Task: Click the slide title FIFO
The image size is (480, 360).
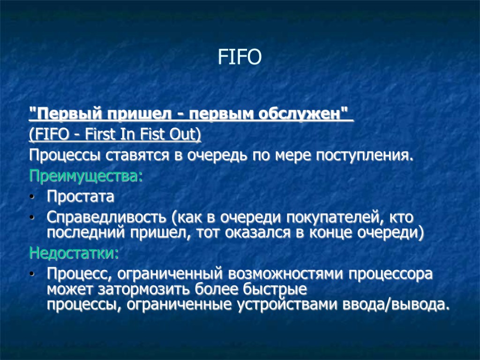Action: point(240,58)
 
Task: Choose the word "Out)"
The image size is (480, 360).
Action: point(187,135)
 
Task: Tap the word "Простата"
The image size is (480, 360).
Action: point(80,197)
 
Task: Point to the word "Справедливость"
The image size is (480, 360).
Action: point(106,218)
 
